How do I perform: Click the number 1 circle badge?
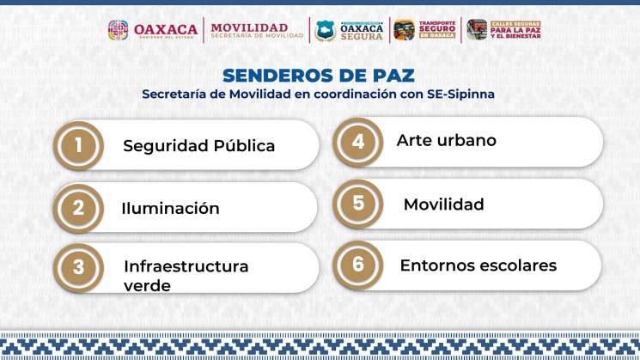pos(78,145)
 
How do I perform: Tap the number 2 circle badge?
pos(78,207)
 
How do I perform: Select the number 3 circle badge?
pos(78,266)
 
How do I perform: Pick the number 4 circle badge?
pos(358,141)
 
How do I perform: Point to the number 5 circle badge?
pos(358,204)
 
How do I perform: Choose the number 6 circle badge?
pos(358,264)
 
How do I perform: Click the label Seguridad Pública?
pos(198,146)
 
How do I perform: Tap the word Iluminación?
pos(170,209)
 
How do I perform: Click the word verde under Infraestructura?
pos(147,285)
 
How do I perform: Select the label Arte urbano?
pos(446,140)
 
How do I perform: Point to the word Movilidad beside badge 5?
pos(443,204)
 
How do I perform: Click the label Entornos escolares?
pos(478,265)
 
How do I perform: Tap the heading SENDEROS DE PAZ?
pos(318,76)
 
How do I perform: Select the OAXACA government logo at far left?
pos(152,30)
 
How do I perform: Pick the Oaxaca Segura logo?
pos(349,30)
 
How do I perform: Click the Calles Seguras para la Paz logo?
pos(503,30)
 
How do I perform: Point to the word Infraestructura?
pos(186,266)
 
